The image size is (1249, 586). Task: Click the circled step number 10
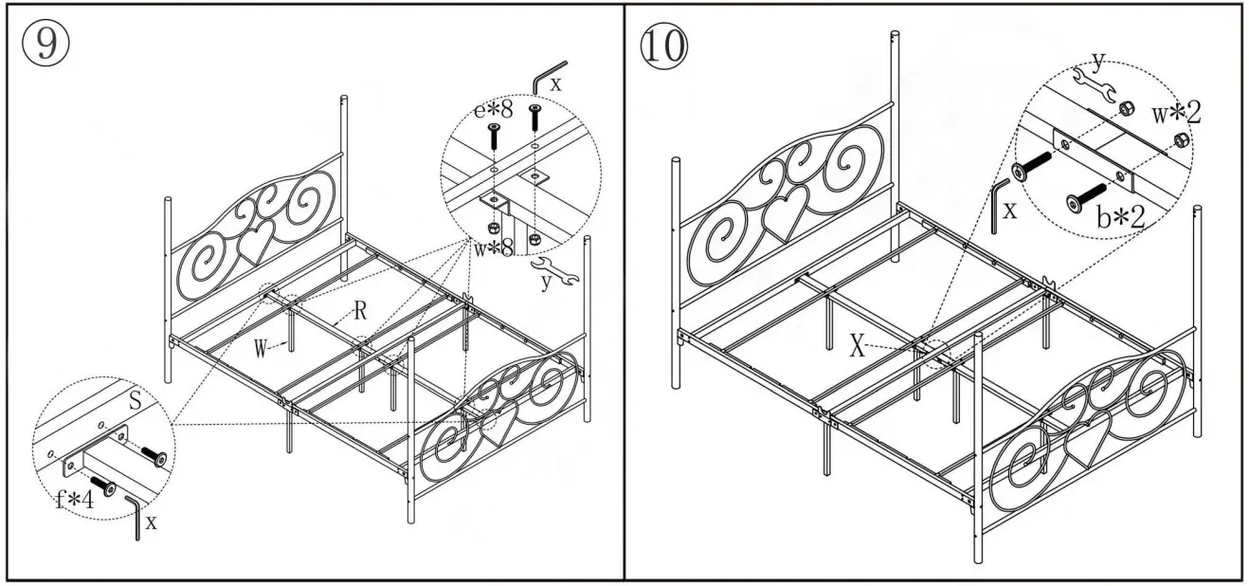(x=664, y=46)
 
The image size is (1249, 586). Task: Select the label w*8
(x=494, y=249)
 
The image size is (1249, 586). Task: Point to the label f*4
(x=73, y=499)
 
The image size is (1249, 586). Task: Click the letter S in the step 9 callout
(x=135, y=403)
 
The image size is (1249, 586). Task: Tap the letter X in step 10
(x=857, y=347)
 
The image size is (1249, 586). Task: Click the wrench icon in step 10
(x=1093, y=82)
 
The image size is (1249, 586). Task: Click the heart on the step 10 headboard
(x=786, y=215)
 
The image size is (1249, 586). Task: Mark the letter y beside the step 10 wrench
(x=1096, y=62)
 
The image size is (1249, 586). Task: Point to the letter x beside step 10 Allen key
(x=1010, y=210)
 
